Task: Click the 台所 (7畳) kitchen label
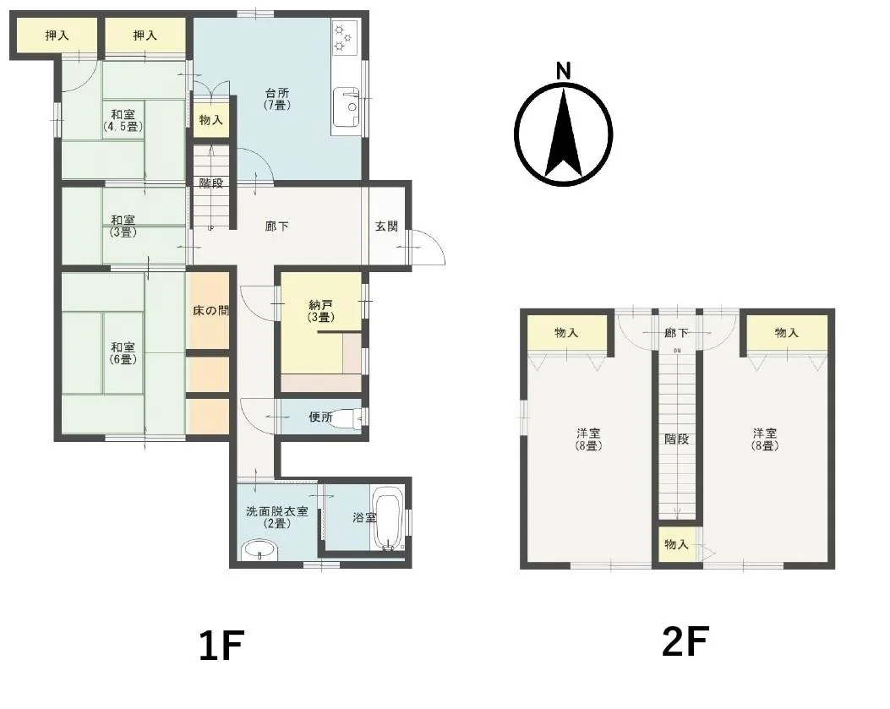click(277, 98)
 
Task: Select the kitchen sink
click(346, 106)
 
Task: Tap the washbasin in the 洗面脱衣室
click(259, 550)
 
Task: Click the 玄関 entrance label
click(386, 226)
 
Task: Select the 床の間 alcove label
click(210, 310)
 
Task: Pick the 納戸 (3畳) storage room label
click(320, 311)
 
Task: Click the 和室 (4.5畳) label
click(123, 120)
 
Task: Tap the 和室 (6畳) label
click(123, 353)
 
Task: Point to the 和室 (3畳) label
click(123, 226)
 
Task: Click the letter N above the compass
click(563, 71)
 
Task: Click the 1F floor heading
click(221, 646)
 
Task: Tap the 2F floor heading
click(685, 641)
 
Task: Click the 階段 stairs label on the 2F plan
click(676, 439)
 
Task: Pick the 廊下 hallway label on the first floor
click(277, 226)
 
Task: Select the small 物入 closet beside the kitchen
click(211, 120)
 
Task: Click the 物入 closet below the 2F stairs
click(676, 544)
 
